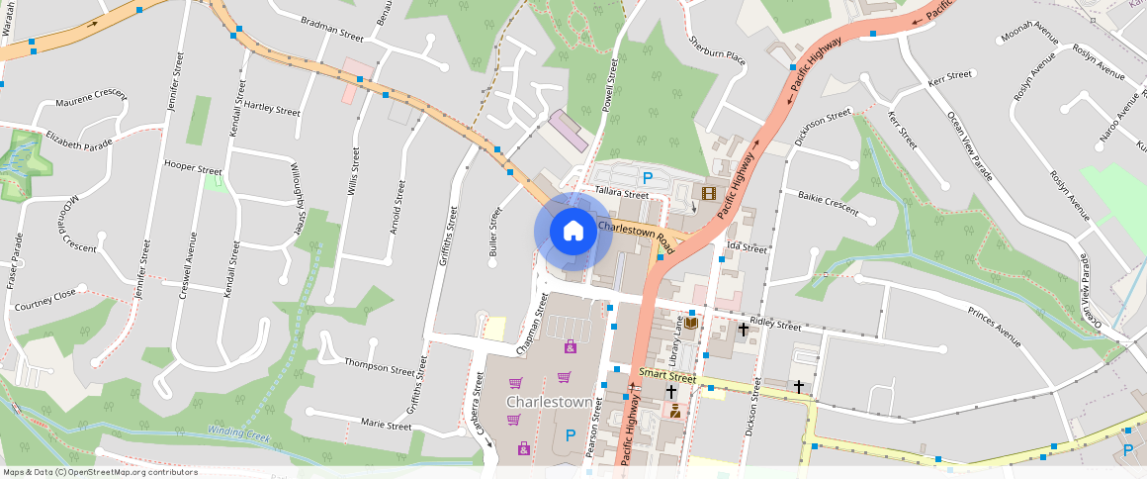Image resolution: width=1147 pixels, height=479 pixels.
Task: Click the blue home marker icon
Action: click(573, 232)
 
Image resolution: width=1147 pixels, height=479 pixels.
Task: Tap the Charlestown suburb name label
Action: click(550, 403)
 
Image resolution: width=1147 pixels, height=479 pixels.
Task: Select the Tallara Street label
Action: click(622, 193)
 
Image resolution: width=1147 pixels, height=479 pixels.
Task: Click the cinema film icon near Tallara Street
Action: click(709, 192)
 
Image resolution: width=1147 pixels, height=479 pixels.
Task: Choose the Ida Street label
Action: click(747, 248)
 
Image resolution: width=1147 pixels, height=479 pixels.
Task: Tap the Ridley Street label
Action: click(775, 325)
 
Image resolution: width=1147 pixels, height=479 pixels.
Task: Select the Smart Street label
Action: click(667, 375)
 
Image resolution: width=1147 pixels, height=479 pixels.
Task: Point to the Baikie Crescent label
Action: click(828, 202)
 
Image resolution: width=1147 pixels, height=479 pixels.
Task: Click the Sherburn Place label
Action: click(717, 49)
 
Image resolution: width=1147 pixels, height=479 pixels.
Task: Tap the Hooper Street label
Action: click(193, 168)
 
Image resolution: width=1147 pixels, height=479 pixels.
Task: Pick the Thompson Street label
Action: click(379, 366)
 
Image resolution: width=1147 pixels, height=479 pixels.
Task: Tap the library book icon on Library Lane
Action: click(690, 324)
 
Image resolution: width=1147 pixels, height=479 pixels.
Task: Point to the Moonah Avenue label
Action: click(1029, 42)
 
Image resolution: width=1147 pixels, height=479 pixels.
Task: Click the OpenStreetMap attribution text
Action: click(101, 472)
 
